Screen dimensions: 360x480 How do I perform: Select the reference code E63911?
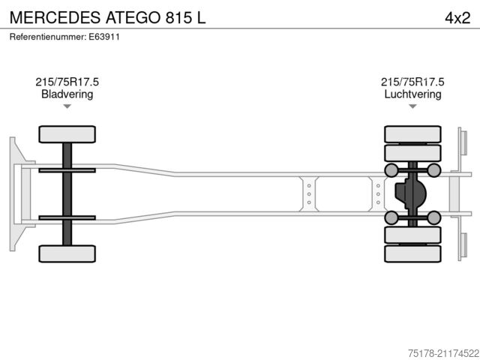click(104, 36)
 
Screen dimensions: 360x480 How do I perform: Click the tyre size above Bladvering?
click(67, 82)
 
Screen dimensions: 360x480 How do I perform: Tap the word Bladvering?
click(67, 94)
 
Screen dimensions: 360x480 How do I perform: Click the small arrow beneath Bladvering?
click(67, 106)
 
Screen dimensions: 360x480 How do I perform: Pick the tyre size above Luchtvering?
click(412, 82)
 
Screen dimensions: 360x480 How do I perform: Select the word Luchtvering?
click(412, 94)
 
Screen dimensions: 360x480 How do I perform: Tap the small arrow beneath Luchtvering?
click(412, 106)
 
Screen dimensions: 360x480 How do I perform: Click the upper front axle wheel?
click(67, 134)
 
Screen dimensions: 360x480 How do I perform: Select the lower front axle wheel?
click(67, 253)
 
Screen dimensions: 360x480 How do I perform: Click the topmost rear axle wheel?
click(412, 134)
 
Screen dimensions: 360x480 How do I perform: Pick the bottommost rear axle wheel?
click(412, 253)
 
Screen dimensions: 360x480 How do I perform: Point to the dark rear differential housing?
click(409, 193)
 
